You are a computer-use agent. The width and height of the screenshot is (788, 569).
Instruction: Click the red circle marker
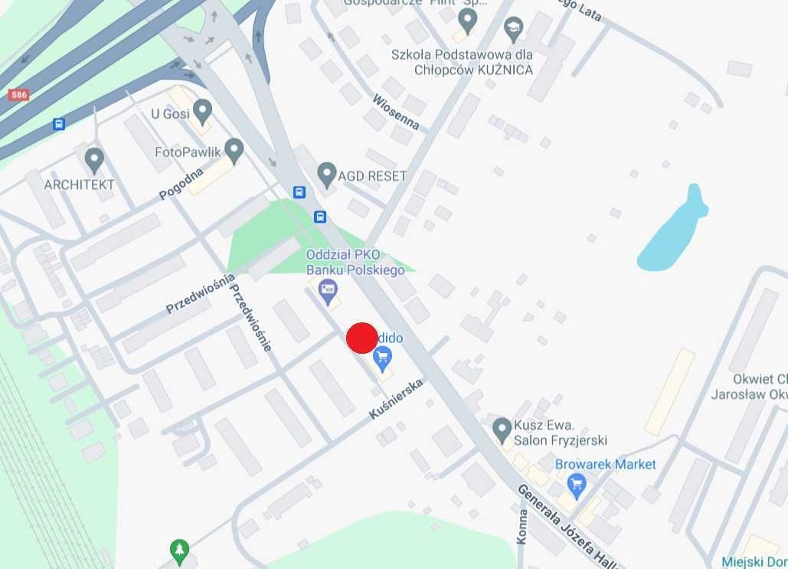(362, 338)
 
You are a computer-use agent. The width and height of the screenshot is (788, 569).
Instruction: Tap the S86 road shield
(19, 95)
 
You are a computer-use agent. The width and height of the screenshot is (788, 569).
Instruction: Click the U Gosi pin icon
(202, 112)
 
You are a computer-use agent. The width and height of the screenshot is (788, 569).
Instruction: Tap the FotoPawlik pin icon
(234, 149)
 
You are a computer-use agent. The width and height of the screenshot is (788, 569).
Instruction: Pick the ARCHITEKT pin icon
(94, 160)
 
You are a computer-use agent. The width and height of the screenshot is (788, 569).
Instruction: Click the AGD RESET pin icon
(327, 173)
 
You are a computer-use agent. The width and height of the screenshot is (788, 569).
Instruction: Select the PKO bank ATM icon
(329, 289)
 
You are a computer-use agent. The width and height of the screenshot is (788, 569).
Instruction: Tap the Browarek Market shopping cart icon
(577, 483)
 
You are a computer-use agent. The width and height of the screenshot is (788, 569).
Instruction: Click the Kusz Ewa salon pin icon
(502, 428)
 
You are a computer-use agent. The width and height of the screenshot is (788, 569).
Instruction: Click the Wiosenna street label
(396, 112)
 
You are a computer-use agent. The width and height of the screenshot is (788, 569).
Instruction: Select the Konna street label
(522, 526)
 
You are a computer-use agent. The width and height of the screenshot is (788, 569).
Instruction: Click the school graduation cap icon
(513, 30)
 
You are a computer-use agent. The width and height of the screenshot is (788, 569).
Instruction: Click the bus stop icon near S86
(58, 124)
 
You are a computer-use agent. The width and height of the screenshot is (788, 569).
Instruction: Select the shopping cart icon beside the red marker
(383, 356)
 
